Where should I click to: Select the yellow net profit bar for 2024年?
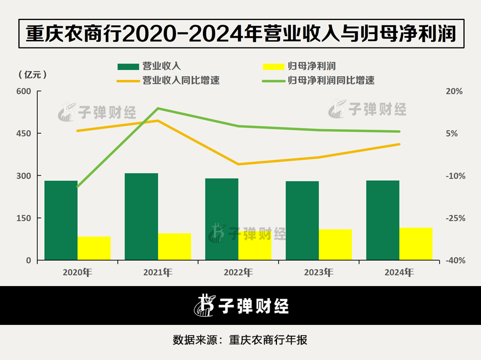(416, 244)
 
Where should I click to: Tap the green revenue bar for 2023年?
(302, 220)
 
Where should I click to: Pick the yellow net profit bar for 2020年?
(94, 248)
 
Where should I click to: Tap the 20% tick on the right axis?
(454, 92)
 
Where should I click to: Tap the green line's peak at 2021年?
(158, 108)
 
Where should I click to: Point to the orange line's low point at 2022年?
(238, 164)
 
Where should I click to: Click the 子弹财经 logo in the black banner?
(241, 305)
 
